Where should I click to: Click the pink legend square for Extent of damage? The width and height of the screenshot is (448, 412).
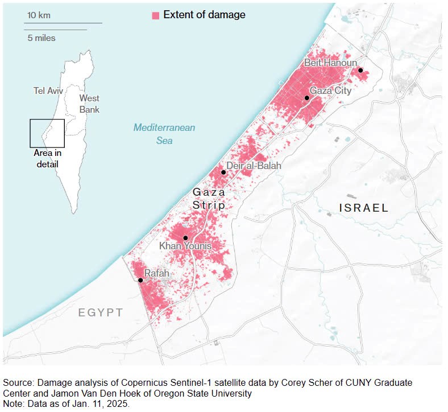(x=155, y=15)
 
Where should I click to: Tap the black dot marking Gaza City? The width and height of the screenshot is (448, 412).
(x=306, y=98)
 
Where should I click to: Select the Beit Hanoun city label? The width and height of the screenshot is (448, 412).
(x=330, y=63)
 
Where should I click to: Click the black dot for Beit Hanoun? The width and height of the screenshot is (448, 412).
(x=360, y=71)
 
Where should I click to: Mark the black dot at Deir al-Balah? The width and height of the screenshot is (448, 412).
(x=223, y=172)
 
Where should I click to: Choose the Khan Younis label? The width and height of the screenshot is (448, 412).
(x=185, y=246)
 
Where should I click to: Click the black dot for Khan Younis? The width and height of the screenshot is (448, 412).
(x=185, y=238)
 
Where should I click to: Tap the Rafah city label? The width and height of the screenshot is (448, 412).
(x=156, y=274)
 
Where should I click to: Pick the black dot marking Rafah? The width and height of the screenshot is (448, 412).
(x=140, y=280)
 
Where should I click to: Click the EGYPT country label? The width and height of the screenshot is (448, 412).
(x=101, y=312)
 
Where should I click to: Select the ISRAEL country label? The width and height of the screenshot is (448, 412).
(x=364, y=208)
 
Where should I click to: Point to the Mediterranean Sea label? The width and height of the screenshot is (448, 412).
(x=164, y=134)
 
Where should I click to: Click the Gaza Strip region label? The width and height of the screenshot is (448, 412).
(x=209, y=199)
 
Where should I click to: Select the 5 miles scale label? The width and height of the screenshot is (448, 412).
(x=42, y=38)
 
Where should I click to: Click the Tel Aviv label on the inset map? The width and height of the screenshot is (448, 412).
(x=48, y=91)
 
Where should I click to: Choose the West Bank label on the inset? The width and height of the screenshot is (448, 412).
(x=89, y=104)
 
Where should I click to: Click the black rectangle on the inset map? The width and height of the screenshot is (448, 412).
(x=47, y=133)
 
